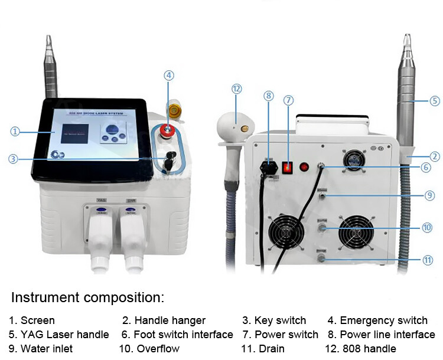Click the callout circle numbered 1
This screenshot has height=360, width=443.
point(15,132)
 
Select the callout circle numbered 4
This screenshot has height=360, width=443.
point(169,76)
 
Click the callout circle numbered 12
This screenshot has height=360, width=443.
point(237,89)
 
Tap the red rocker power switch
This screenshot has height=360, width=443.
point(288,168)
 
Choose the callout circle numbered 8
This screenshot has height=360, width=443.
point(269,95)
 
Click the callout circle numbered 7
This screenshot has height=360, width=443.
point(288,100)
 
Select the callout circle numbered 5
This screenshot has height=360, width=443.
point(434,100)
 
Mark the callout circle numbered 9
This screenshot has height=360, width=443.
point(430,195)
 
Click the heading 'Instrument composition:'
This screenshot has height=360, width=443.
point(87,297)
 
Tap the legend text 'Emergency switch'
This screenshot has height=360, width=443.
point(383,320)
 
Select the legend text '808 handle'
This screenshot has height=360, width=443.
point(367,349)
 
